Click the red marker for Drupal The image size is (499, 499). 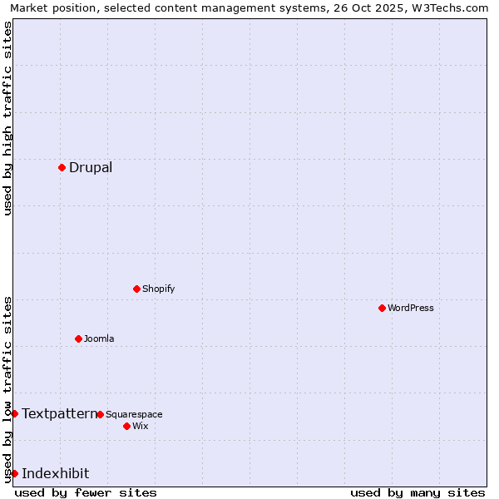tap(62, 167)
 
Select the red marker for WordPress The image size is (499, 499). tap(382, 308)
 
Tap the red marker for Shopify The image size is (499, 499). tap(136, 289)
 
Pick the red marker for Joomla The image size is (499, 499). tap(78, 338)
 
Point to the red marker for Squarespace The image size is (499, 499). tap(100, 414)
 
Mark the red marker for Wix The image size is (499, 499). tap(126, 426)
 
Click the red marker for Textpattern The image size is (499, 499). tap(14, 413)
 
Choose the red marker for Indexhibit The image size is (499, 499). tap(14, 473)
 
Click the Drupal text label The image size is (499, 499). tap(91, 167)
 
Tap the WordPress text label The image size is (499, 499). tap(411, 308)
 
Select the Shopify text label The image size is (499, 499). tap(159, 289)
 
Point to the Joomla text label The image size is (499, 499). tap(99, 338)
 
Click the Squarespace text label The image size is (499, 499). tap(134, 414)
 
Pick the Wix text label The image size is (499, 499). tap(141, 426)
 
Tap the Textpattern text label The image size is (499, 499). tap(59, 413)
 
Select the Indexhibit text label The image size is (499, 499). tap(56, 473)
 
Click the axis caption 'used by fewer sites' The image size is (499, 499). tap(86, 492)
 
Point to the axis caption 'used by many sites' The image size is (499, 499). tap(417, 492)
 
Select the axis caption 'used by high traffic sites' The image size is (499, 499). tap(7, 118)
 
